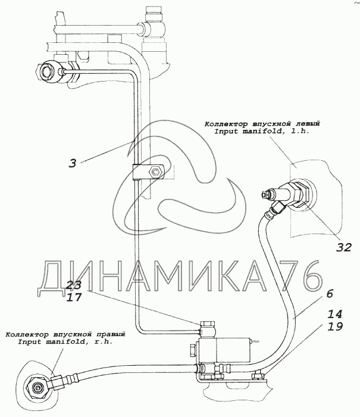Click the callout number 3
tap(73, 163)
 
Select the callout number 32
tap(343, 247)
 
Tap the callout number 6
tap(329, 294)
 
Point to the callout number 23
tap(74, 285)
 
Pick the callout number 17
tap(74, 297)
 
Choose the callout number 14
tap(334, 315)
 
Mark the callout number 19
tap(334, 326)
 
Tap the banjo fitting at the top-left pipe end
tap(48, 70)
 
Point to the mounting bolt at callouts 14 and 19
tap(258, 375)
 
